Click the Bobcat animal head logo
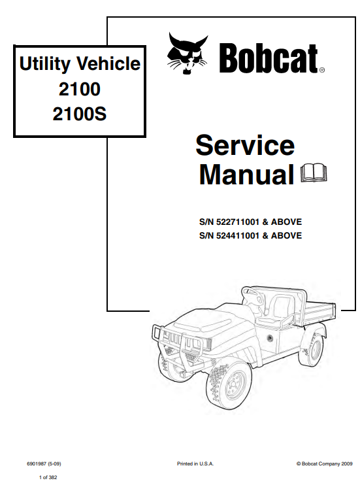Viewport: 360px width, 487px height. click(187, 54)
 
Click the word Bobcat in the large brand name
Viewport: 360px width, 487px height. click(269, 58)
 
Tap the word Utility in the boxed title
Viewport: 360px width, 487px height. click(45, 64)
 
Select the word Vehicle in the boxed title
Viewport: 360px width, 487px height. click(108, 63)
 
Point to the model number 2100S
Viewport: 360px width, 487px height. click(80, 114)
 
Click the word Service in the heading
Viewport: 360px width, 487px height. click(245, 145)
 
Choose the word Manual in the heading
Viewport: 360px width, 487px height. click(246, 175)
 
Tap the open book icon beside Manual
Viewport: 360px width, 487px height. click(314, 173)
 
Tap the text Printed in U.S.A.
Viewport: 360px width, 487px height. click(195, 463)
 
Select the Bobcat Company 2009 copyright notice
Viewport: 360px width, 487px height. click(324, 463)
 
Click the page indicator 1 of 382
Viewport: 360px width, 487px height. click(48, 477)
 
